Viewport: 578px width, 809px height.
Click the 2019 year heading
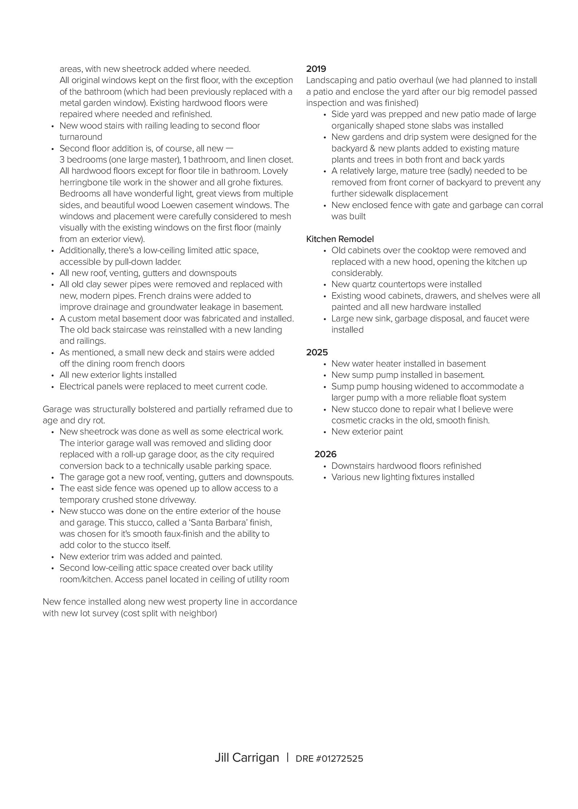point(316,69)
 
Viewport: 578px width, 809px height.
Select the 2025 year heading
point(317,352)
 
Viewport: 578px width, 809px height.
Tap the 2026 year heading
point(325,454)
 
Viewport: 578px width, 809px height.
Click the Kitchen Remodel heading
point(340,239)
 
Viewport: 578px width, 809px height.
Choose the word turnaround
point(81,137)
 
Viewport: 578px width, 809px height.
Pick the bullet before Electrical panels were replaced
point(53,387)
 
